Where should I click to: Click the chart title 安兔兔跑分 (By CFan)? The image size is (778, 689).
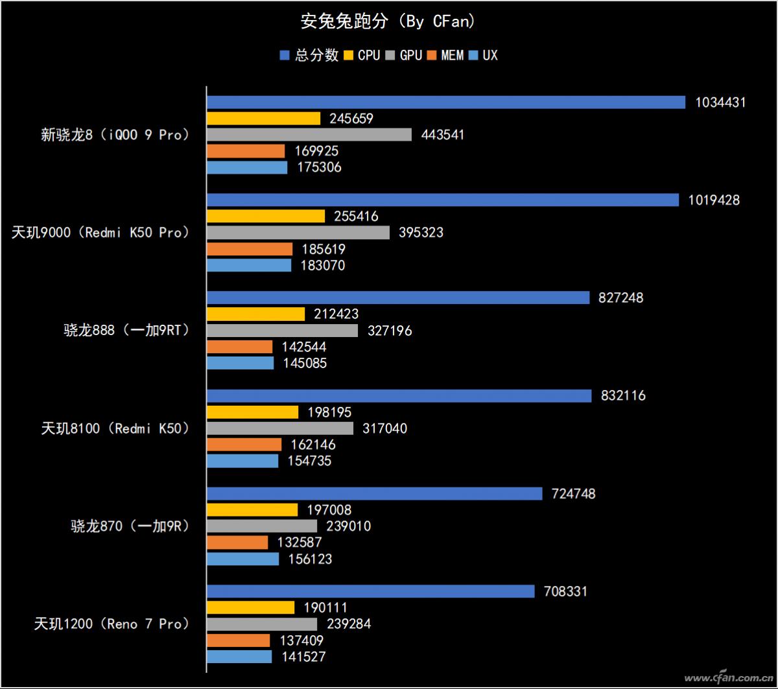tap(388, 21)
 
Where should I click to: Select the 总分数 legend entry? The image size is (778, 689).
tap(309, 55)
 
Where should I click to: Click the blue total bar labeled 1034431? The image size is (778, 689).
tap(446, 102)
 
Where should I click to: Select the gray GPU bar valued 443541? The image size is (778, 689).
tap(309, 135)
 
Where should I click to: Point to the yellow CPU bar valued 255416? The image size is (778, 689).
tap(266, 216)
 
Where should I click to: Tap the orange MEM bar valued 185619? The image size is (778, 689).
tap(250, 249)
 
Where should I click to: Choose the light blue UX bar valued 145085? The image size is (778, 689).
tap(241, 363)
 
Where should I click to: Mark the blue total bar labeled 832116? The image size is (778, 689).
tap(399, 395)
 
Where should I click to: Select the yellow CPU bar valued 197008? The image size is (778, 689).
tap(252, 510)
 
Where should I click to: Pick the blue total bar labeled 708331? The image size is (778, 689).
tap(371, 591)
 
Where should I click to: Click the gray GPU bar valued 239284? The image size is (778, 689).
tap(262, 624)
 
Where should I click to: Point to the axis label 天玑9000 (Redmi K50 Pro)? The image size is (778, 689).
tap(100, 232)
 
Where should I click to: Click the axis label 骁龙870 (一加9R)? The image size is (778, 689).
tap(130, 526)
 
